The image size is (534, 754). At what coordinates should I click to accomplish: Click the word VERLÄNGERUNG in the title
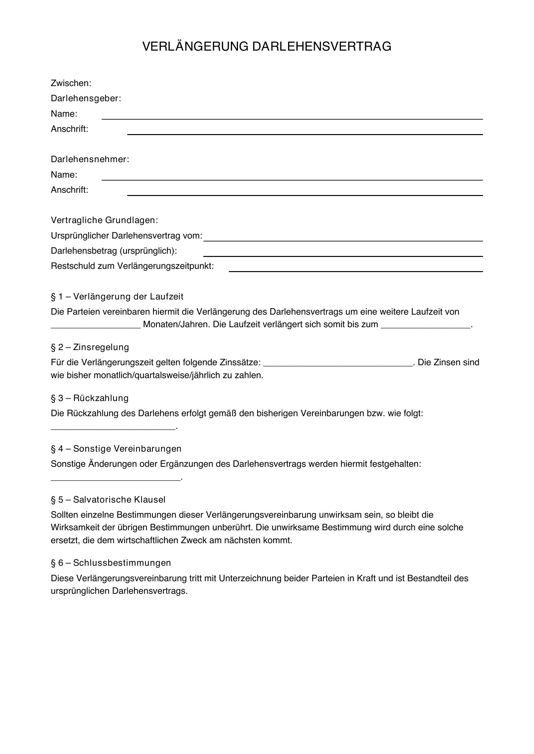coord(195,47)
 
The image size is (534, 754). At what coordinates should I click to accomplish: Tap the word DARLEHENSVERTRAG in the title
coord(322,47)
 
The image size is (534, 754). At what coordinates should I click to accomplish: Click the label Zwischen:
coord(71,83)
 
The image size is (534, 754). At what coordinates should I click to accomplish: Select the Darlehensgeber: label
coord(86,99)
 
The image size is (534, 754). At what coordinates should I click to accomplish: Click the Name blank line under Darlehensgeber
coord(292,116)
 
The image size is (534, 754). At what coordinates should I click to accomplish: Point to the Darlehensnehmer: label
coord(90,160)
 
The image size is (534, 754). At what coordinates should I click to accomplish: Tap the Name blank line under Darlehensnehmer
coord(292,177)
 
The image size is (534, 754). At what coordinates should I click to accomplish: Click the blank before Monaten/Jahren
coord(96,325)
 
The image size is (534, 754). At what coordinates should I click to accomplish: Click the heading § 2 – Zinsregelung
coord(90,348)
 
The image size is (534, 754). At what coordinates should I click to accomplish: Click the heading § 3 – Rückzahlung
coord(89,398)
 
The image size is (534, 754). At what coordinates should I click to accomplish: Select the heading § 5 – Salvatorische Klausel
coord(108,500)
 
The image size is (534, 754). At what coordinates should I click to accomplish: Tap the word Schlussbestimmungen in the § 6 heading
coord(122,563)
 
